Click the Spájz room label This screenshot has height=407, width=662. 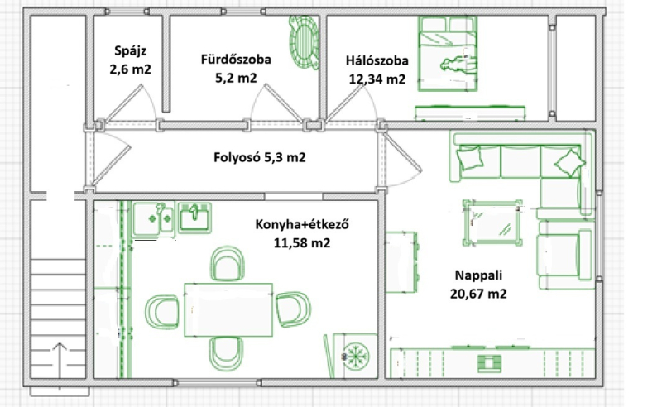pos(130,51)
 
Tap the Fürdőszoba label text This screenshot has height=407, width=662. pos(236,59)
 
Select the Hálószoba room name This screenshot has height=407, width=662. pos(377,60)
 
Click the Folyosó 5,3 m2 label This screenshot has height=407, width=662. pos(259,157)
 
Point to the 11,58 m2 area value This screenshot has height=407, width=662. pos(302,243)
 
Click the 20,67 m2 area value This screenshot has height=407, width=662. pos(478,294)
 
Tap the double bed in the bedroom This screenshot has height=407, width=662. pos(448,54)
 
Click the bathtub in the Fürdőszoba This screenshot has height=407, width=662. pos(304,42)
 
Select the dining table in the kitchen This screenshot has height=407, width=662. pos(228,310)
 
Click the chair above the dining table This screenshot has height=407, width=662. pos(227,264)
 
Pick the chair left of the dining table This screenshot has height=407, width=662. pos(162,312)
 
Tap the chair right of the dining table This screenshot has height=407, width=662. pos(293,309)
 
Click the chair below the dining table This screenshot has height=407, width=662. pos(227,354)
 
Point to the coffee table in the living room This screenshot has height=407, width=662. pos(492,223)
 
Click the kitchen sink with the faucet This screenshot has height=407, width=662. pos(194,217)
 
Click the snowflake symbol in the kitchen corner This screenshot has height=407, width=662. pos(356,357)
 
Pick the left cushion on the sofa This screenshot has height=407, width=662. pos(469,157)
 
